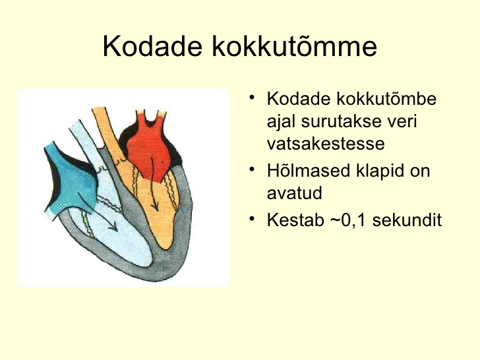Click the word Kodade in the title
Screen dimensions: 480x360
pos(152,46)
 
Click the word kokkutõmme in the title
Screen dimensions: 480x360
pos(295,46)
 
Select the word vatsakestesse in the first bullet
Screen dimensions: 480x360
pos(326,143)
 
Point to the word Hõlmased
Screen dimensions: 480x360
pos(309,171)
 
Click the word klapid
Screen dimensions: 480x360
pos(380,171)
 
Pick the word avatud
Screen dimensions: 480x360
pos(295,193)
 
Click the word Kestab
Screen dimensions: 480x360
pos(295,220)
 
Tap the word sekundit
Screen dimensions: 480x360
pos(407,220)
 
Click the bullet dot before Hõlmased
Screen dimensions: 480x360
pos(252,169)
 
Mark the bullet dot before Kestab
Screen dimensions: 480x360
pos(252,219)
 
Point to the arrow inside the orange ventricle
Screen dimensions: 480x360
pos(154,185)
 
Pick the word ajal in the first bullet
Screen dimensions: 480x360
pos(280,122)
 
